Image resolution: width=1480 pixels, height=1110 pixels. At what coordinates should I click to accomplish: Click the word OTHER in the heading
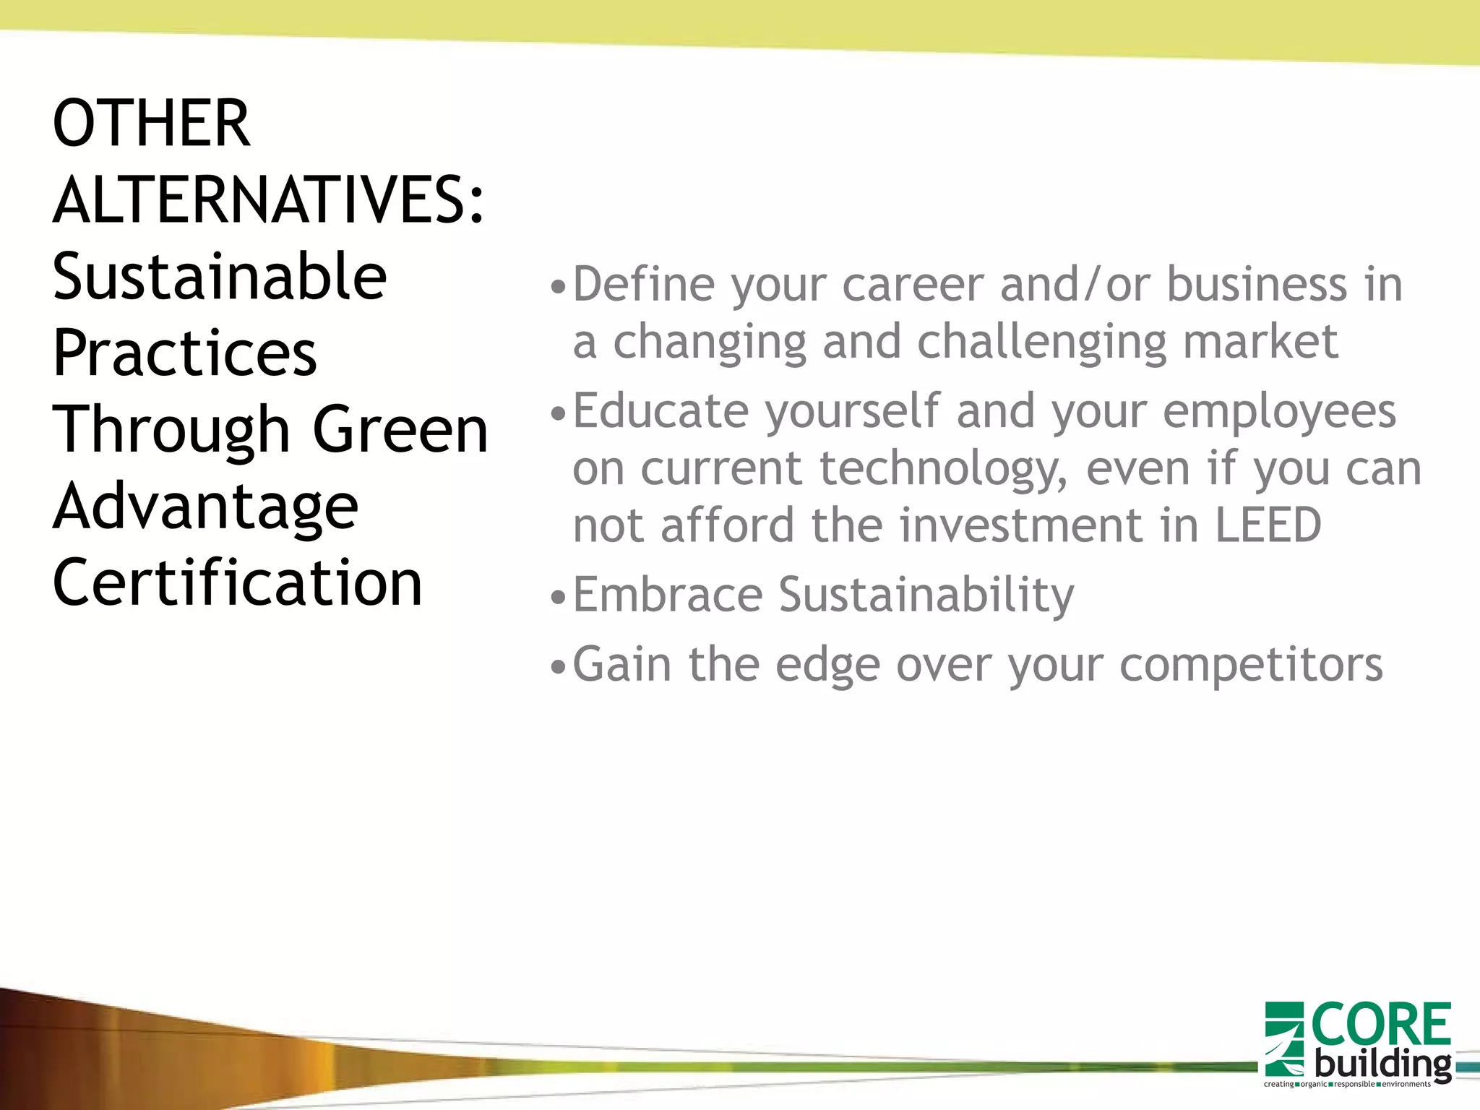[152, 124]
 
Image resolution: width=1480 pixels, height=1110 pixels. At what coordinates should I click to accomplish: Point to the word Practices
[185, 353]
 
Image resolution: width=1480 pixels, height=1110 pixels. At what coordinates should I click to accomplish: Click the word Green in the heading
[400, 430]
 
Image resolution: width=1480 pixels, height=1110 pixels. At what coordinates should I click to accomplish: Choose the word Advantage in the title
[205, 507]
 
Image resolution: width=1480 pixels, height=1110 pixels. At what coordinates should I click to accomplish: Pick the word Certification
[237, 583]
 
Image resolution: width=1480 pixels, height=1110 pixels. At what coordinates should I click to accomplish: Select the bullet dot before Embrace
[556, 598]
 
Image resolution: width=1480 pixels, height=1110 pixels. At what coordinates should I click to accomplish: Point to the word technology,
[943, 470]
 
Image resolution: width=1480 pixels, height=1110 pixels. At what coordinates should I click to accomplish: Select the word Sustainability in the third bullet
[926, 596]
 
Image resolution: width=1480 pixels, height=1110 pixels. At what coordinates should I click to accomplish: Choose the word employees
[1279, 412]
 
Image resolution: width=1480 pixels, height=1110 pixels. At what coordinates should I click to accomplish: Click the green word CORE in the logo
[1381, 1025]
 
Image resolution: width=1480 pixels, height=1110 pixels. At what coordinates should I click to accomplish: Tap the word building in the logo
[1382, 1064]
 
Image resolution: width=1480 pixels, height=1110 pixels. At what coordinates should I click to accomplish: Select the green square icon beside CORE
[1283, 1039]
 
